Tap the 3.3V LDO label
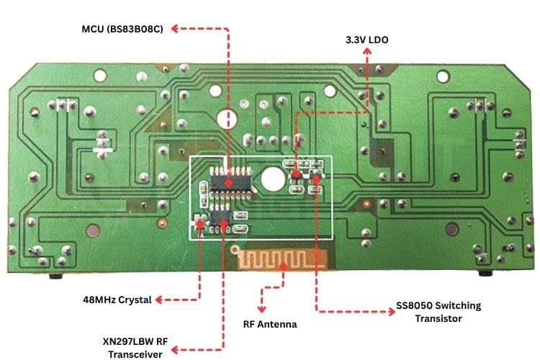(367, 40)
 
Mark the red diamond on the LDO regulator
(295, 174)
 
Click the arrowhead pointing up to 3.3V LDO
(367, 54)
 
